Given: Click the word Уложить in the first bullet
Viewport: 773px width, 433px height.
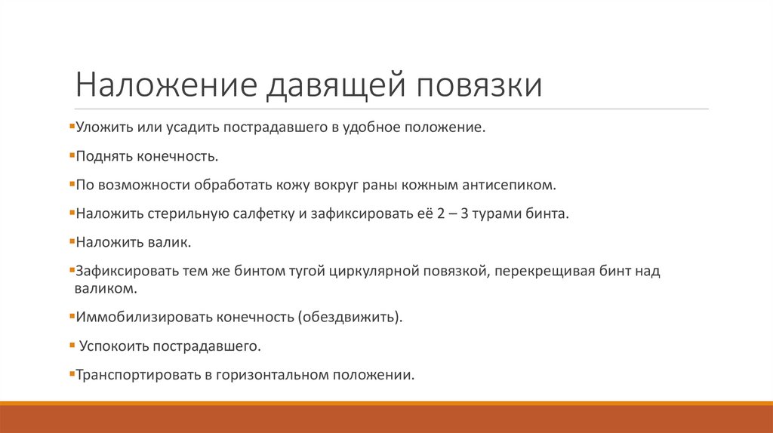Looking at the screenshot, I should click(x=100, y=127).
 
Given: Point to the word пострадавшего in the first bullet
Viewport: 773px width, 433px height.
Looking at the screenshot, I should click(x=273, y=127).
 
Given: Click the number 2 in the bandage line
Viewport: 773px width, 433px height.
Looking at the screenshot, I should click(x=441, y=213).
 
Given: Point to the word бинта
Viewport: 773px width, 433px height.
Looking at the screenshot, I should click(x=544, y=213).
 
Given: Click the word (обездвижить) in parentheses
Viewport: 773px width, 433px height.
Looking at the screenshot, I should click(x=350, y=317).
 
